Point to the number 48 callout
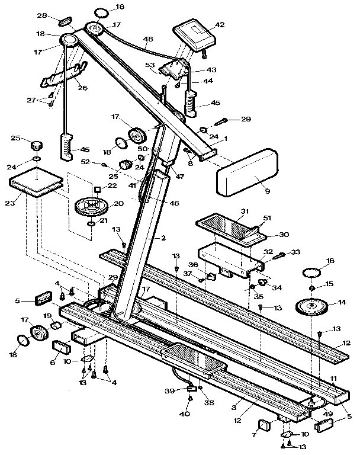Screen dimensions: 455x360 [x=148, y=39]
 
